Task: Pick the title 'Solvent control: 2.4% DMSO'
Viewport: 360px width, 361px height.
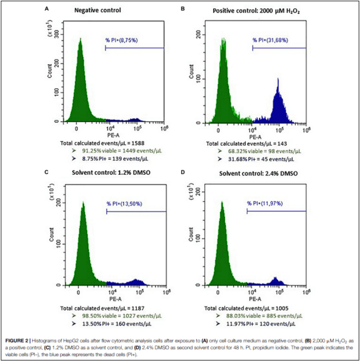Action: (x=253, y=174)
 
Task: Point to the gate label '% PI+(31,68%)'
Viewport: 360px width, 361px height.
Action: (x=273, y=41)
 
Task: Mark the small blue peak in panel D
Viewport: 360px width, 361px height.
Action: (x=275, y=281)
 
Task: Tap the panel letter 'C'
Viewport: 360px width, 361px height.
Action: (x=47, y=174)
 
